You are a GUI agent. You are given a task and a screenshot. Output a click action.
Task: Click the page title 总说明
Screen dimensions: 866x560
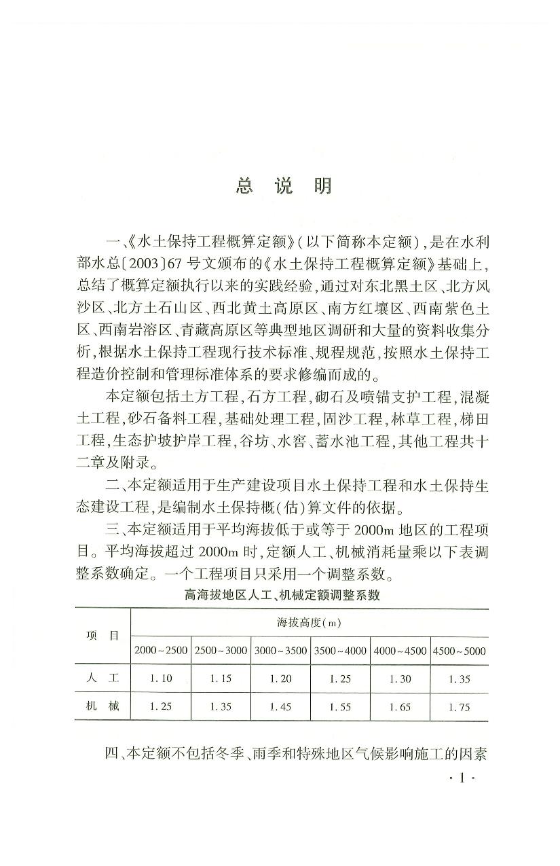tap(284, 185)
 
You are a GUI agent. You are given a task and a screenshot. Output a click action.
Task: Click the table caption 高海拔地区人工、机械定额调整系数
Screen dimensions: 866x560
tap(281, 596)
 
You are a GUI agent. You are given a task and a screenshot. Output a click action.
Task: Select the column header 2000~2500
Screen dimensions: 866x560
tap(161, 651)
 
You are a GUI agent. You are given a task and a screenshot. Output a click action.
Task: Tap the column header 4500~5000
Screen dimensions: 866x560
tap(459, 651)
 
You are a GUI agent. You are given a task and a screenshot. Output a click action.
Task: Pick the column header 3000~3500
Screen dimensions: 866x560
tap(280, 651)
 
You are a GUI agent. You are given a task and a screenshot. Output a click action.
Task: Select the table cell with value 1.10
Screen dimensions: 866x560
tap(161, 678)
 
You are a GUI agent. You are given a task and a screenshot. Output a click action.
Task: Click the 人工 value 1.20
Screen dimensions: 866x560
tap(280, 678)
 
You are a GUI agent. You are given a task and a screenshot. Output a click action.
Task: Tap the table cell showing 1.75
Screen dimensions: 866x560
tap(459, 707)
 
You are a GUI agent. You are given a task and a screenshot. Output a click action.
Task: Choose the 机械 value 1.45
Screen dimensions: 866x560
tap(280, 707)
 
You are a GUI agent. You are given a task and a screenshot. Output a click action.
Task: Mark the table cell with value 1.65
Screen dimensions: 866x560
tap(400, 707)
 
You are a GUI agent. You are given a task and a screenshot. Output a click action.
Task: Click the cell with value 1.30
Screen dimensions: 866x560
tap(400, 678)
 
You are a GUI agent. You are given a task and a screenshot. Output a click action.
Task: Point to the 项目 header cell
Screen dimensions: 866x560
tap(102, 636)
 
